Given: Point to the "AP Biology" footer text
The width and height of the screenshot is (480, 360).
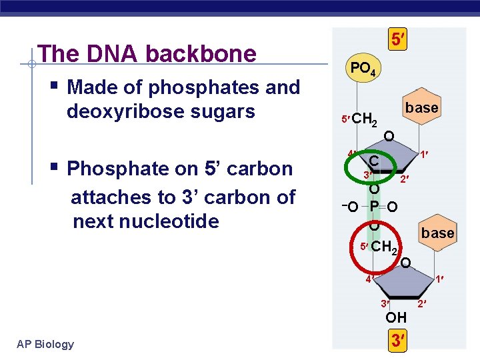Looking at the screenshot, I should (x=45, y=344).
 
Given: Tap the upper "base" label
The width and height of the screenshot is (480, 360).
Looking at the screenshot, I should (x=421, y=108).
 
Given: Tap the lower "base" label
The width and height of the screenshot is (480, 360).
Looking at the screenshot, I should (x=437, y=233).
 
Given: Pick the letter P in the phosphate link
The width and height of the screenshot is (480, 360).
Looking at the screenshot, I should (x=375, y=206).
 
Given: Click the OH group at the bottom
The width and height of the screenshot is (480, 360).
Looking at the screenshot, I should (x=396, y=317).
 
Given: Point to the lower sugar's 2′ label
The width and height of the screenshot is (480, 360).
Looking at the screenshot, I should (x=421, y=305).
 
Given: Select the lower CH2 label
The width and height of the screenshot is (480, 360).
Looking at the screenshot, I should (x=384, y=247).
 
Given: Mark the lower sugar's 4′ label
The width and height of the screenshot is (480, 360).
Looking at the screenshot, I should (x=368, y=279).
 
